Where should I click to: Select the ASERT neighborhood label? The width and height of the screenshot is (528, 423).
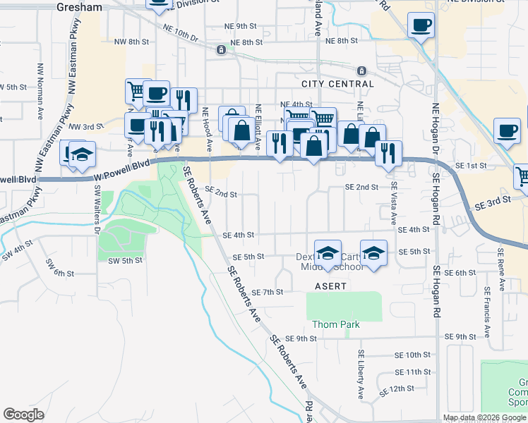[330, 286]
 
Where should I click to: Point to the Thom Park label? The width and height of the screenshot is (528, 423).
[336, 324]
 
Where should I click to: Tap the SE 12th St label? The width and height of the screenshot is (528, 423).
[396, 389]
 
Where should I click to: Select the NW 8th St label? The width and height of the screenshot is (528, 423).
[136, 42]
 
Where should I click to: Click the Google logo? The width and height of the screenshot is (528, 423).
[24, 415]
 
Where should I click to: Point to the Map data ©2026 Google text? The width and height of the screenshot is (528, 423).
[484, 417]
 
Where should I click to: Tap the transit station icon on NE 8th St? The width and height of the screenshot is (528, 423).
[222, 49]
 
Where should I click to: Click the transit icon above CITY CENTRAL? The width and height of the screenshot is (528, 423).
[361, 70]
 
